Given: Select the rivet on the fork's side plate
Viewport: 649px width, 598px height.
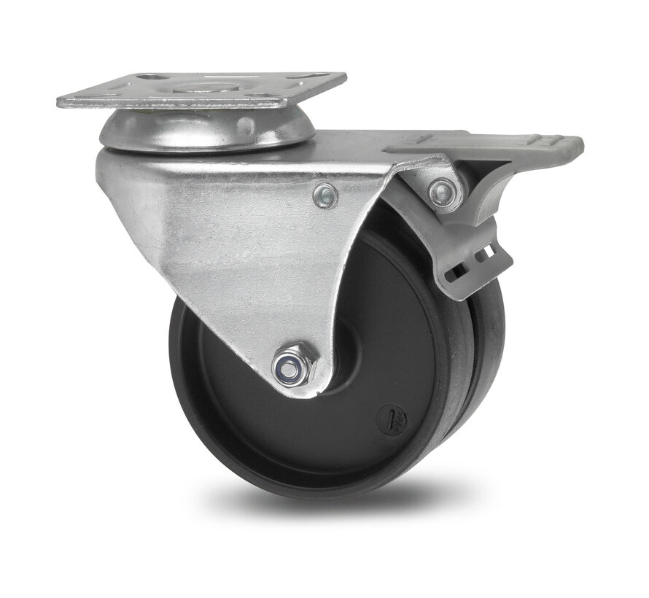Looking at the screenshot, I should click(x=325, y=195).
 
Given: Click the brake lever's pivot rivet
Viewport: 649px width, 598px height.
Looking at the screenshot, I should click(x=440, y=193).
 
